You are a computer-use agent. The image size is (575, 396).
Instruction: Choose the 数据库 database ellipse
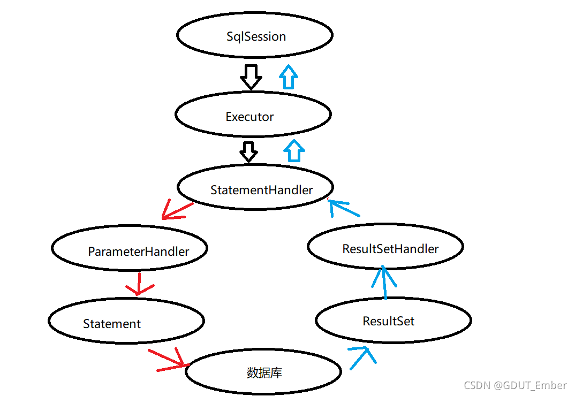coord(263,372)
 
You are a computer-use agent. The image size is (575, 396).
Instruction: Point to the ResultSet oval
coord(394,321)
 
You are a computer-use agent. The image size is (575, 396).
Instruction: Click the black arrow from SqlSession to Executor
coord(251,77)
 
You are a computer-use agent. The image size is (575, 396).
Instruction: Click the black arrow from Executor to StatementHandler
coord(248,151)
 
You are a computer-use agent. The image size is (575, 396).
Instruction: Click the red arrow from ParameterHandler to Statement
coord(139,284)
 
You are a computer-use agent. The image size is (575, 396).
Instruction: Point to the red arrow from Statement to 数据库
coord(169,359)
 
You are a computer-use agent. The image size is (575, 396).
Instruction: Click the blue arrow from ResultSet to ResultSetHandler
coord(384,282)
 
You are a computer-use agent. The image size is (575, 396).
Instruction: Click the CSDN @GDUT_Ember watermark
coord(515,385)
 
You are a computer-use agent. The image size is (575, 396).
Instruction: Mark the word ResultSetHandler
coord(390,249)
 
